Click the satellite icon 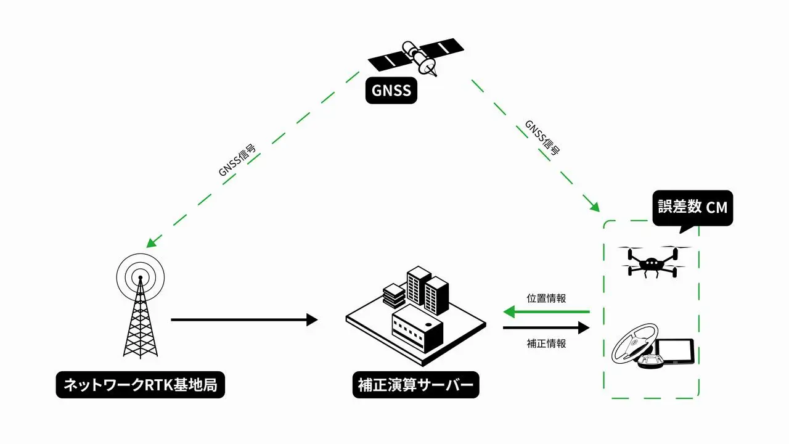(x=415, y=56)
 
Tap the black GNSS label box (x=391, y=90)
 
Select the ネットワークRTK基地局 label (x=141, y=385)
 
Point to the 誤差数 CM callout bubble (x=692, y=207)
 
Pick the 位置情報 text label (x=546, y=298)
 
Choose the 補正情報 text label (x=546, y=343)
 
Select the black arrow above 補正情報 (x=546, y=328)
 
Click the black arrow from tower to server (x=244, y=319)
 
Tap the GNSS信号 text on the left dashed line (x=237, y=162)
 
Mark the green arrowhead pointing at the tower (x=150, y=242)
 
